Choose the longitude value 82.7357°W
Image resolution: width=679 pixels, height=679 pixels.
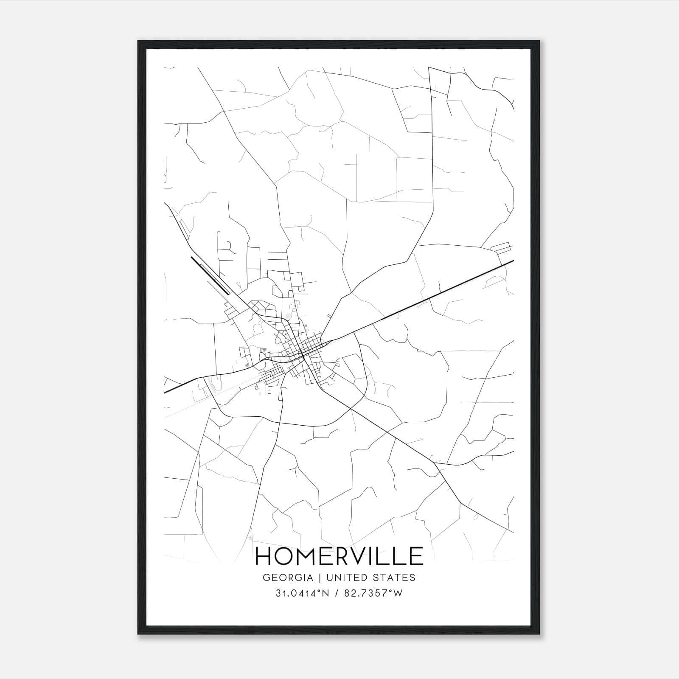pos(373,594)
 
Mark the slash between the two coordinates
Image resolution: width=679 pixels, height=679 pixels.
pos(336,594)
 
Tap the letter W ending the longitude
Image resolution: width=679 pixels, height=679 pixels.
pos(398,594)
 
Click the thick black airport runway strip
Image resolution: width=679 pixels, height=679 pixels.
pos(210,275)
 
